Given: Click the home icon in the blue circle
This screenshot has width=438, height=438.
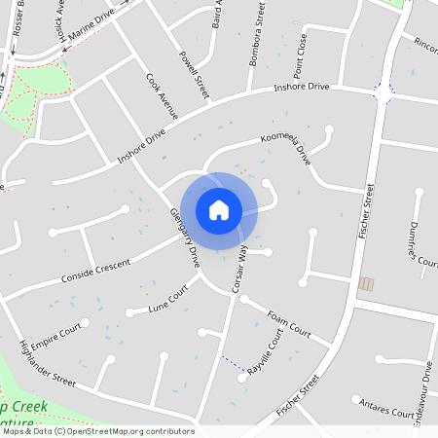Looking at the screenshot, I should coord(219,210).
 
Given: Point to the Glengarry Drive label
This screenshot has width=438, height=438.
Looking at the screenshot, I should coord(184,237).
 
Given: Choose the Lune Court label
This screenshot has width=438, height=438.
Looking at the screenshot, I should coord(166,300).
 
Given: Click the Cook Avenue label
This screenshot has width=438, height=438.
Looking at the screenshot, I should coord(162,95).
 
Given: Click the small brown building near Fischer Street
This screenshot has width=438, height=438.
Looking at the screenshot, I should coord(366,283).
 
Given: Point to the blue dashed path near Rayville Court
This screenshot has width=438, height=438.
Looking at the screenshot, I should coord(232,362).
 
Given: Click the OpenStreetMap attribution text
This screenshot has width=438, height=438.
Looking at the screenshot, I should coord(97,431).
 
